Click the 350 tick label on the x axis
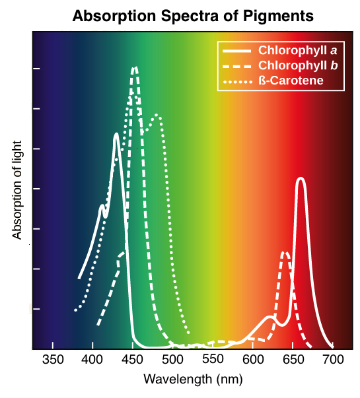52,360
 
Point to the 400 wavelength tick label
92,360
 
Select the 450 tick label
133,360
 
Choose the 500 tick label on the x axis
172,360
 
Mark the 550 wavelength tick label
213,360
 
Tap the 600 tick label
253,360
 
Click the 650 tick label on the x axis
293,360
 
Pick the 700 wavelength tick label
333,360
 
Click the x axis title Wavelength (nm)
192,380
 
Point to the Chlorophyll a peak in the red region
301,179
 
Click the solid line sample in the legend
236,51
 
